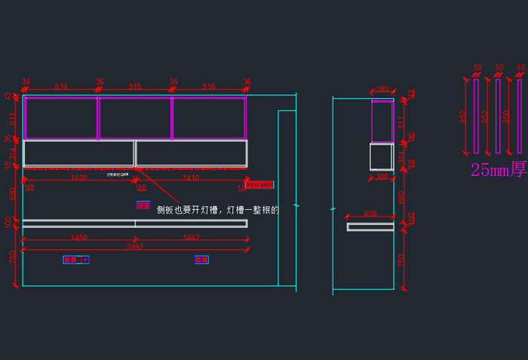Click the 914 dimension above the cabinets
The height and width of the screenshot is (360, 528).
pyautogui.click(x=61, y=87)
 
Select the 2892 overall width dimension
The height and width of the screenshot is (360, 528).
pyautogui.click(x=135, y=247)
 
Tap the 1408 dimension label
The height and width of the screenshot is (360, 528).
pyautogui.click(x=78, y=178)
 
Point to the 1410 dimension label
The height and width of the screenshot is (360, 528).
pyautogui.click(x=191, y=178)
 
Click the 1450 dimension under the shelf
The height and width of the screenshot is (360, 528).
pyautogui.click(x=78, y=238)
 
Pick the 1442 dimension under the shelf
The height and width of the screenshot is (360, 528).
pyautogui.click(x=192, y=238)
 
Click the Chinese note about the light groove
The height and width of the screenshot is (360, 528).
pyautogui.click(x=217, y=210)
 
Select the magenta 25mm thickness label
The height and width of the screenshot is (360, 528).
pyautogui.click(x=498, y=170)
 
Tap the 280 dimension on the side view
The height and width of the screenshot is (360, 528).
pyautogui.click(x=382, y=90)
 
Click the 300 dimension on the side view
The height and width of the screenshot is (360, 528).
pyautogui.click(x=382, y=177)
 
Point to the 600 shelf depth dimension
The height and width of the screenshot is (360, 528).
pyautogui.click(x=370, y=214)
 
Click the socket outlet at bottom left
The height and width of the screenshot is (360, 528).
pyautogui.click(x=75, y=260)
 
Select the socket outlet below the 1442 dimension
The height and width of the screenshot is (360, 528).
pyautogui.click(x=201, y=260)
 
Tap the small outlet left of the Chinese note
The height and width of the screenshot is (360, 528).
pyautogui.click(x=143, y=205)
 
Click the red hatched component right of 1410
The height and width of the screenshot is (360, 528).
pyautogui.click(x=259, y=184)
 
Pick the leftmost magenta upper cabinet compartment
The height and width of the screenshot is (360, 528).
pyautogui.click(x=61, y=118)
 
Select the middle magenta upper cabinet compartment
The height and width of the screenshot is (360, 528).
pyautogui.click(x=135, y=118)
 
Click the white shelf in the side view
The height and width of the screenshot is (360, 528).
pyautogui.click(x=370, y=226)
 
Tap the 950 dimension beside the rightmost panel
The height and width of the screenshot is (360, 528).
pyautogui.click(x=506, y=117)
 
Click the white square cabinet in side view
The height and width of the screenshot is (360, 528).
pyautogui.click(x=381, y=157)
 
